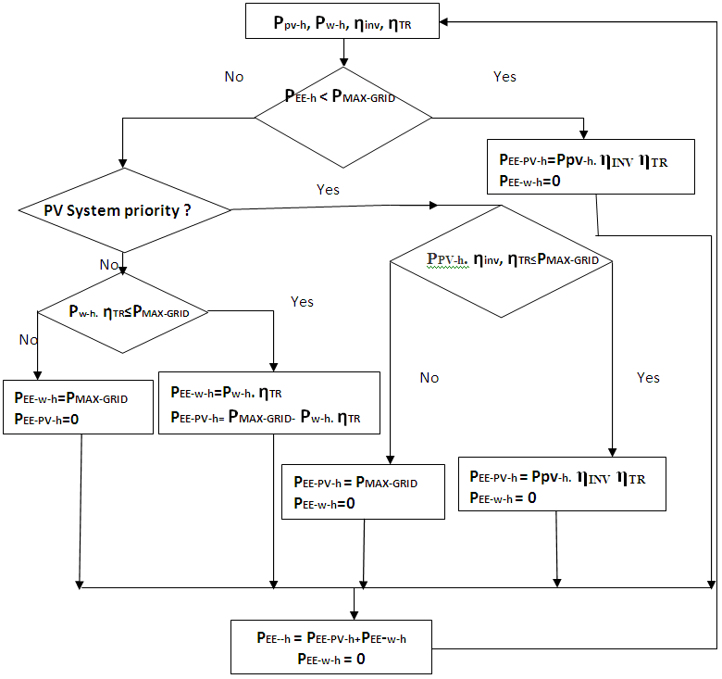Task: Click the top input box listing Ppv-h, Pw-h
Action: tap(342, 20)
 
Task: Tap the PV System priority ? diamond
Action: tap(124, 210)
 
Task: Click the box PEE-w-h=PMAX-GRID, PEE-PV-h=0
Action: tap(78, 407)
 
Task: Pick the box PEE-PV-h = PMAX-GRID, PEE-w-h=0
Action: tap(363, 491)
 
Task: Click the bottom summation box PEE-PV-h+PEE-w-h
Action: tap(331, 647)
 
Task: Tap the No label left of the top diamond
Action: tap(234, 76)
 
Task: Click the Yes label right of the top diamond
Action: tap(504, 76)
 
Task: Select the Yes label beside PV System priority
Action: tap(328, 190)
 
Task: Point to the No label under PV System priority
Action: tap(109, 265)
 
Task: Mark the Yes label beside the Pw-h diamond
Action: tap(302, 302)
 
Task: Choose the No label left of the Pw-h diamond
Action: tap(28, 340)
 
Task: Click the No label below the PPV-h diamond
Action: tap(429, 378)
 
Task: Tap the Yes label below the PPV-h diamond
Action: tap(649, 378)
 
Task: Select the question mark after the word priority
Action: tap(187, 210)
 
